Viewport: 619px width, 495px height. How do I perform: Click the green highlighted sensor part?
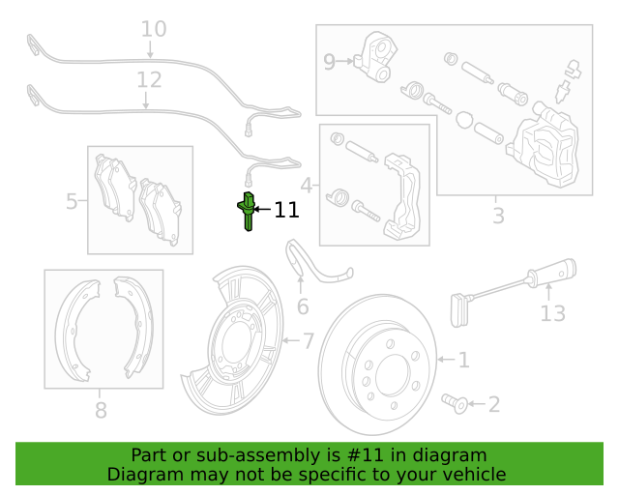(248, 212)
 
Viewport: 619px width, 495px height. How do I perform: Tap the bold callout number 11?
(286, 210)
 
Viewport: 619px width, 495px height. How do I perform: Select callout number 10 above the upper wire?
(154, 29)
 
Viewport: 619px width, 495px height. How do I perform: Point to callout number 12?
(149, 80)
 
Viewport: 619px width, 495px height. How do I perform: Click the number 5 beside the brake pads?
(72, 201)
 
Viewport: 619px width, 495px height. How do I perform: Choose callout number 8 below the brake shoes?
(101, 410)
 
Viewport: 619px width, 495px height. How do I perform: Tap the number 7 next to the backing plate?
(309, 340)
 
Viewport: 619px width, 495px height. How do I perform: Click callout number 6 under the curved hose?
(303, 306)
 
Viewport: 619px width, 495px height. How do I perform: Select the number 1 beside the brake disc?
(464, 360)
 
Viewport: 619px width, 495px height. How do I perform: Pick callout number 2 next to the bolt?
(494, 404)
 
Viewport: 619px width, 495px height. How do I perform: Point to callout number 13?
(552, 313)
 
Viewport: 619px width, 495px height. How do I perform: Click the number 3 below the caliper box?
(499, 216)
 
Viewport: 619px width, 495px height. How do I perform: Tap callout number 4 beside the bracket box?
(307, 185)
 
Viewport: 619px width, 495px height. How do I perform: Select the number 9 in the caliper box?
(329, 62)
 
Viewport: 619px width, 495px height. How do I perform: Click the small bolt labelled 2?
(455, 403)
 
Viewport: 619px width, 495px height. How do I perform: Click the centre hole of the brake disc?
(394, 375)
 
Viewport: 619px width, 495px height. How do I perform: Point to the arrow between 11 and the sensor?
(262, 210)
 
